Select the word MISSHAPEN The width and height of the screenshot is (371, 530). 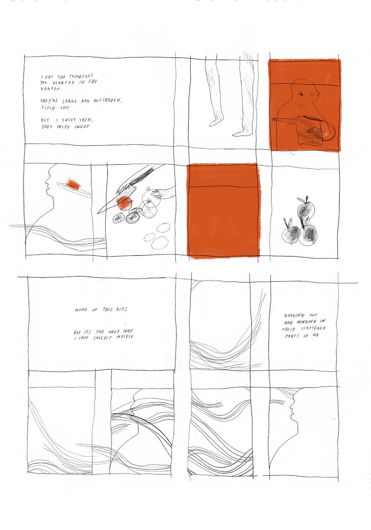pos(108,100)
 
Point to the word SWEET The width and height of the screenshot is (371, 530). pos(82,127)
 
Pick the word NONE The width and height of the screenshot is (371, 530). pos(81,310)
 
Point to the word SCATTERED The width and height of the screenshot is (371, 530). pos(314,329)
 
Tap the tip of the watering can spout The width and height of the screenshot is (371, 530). pos(274,120)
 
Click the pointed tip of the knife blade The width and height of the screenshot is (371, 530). pos(98,213)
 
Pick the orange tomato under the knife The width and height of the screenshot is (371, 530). pos(125,204)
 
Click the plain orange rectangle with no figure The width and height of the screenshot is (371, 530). pos(223,210)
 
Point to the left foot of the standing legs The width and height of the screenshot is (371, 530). pos(215,123)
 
